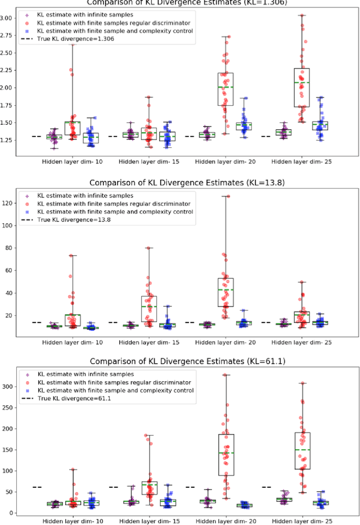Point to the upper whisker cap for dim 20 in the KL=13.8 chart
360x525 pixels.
click(x=226, y=196)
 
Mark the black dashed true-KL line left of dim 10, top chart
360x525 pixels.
click(x=37, y=136)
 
